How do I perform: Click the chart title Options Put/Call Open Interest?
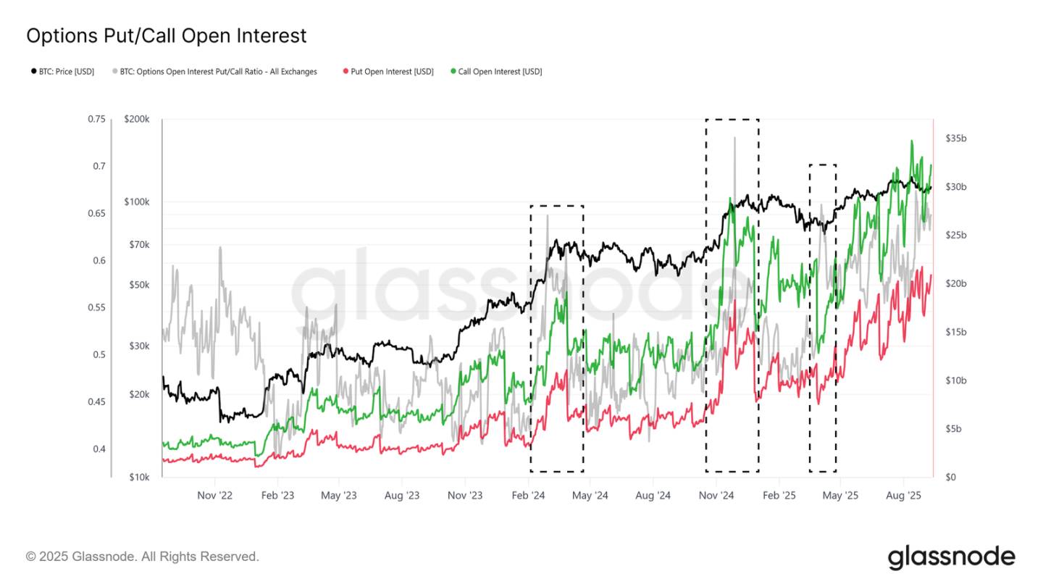[x=166, y=36]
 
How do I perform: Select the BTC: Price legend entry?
[x=62, y=72]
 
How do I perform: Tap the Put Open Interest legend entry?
[x=388, y=72]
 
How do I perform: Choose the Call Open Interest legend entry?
[x=496, y=72]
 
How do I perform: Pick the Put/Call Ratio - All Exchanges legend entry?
[x=215, y=72]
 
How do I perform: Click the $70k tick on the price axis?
[x=138, y=245]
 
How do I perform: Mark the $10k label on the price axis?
[x=138, y=477]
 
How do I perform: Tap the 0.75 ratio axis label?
[x=96, y=120]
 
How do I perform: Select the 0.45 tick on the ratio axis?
[x=96, y=401]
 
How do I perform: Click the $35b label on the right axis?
[x=956, y=138]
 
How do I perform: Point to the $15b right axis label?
[x=956, y=332]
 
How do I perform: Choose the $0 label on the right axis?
[x=951, y=477]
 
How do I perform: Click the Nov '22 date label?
[x=215, y=496]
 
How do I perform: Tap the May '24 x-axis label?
[x=590, y=496]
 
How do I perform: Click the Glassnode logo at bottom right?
[x=951, y=557]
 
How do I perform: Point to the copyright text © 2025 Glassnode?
[x=142, y=557]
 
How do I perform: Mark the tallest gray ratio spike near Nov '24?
[x=734, y=138]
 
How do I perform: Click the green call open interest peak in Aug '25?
[x=911, y=142]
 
